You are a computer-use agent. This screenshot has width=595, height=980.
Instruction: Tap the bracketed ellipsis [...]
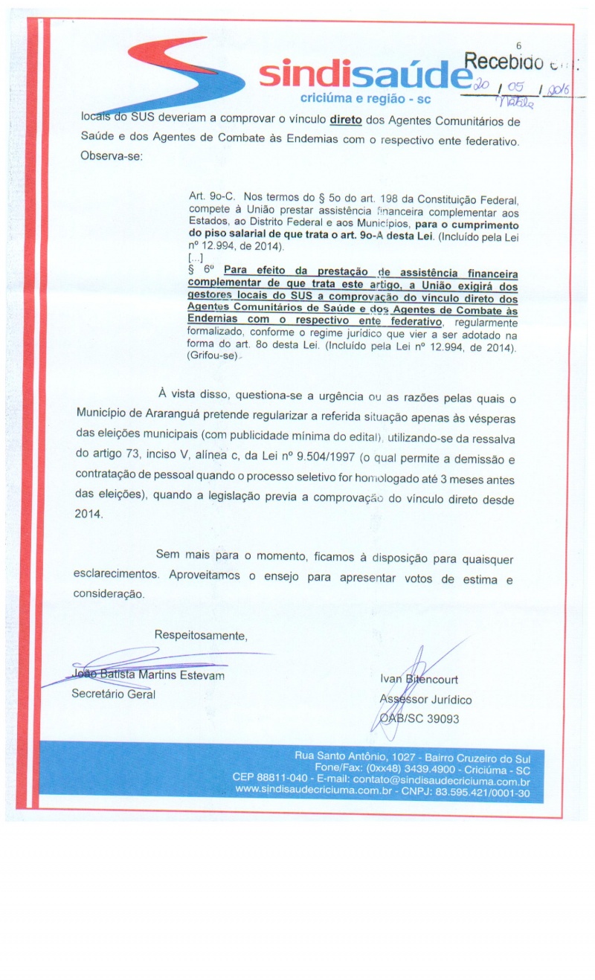(196, 256)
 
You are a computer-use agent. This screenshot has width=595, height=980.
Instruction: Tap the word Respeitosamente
(200, 636)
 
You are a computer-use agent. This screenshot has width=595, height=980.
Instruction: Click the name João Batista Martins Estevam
(147, 675)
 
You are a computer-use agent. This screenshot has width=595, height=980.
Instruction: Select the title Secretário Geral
(113, 694)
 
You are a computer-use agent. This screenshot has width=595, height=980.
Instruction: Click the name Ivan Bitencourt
(419, 680)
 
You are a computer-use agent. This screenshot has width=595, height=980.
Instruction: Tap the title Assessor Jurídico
(425, 699)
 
